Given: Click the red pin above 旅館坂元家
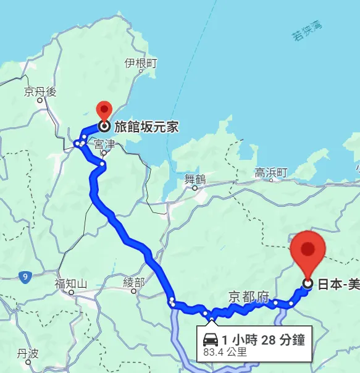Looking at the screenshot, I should [x=104, y=109].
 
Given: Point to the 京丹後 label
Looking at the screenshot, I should [x=40, y=92].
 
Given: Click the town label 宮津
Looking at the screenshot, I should [x=104, y=144].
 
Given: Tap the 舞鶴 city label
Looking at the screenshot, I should [x=195, y=179].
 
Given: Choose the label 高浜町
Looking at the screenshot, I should [x=272, y=173].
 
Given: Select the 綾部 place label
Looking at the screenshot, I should [x=133, y=282].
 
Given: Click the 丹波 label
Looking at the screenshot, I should [x=28, y=353].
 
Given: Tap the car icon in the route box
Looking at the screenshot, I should [x=210, y=339].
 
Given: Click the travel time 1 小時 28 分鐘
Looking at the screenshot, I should [x=263, y=339].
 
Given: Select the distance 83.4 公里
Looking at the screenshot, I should [x=225, y=353].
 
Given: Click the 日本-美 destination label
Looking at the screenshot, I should [x=338, y=284].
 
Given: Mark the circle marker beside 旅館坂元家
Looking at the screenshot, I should [x=104, y=127].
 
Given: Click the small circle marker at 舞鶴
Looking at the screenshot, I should [x=195, y=188].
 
